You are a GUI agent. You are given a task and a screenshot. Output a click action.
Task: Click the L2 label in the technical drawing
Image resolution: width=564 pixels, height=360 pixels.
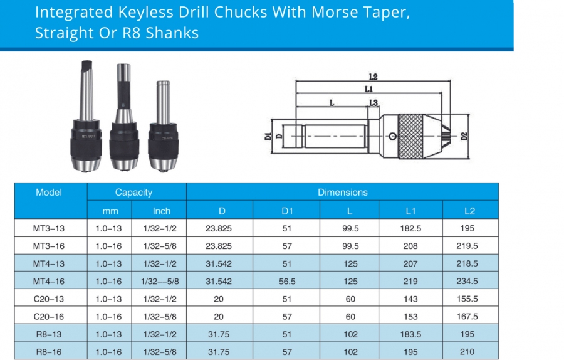373,77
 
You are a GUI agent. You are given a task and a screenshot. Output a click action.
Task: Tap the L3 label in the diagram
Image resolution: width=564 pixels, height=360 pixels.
373,102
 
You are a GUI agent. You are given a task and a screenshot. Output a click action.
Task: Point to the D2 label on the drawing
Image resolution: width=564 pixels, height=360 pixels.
464,135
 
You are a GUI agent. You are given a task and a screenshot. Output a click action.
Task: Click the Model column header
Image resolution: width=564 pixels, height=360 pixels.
49,193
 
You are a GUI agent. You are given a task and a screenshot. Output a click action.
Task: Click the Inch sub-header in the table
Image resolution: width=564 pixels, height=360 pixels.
161,211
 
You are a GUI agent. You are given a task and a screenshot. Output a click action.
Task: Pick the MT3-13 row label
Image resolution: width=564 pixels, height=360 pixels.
49,229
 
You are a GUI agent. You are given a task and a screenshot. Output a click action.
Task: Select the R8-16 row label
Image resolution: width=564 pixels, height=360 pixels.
49,352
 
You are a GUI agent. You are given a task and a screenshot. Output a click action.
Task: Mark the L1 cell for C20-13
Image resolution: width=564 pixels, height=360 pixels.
410,299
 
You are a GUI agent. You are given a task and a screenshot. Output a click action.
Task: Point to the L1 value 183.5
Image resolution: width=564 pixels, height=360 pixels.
410,334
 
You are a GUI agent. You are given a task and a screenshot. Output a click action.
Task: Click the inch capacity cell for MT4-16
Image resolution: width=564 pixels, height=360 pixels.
161,282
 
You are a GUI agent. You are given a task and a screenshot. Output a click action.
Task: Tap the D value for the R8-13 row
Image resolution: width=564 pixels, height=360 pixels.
219,334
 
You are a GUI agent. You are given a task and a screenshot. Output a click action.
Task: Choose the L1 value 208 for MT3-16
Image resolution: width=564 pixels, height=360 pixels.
410,246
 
